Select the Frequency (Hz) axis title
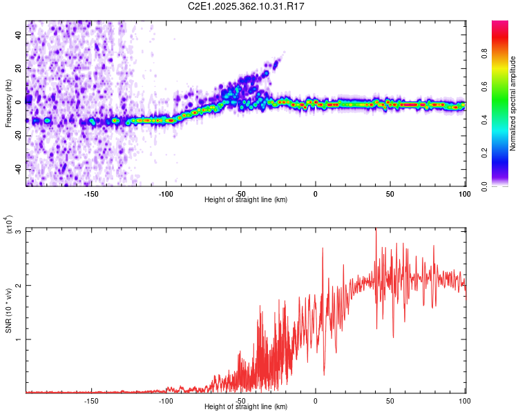[8, 104]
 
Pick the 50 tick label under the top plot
[390, 193]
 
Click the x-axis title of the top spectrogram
[246, 200]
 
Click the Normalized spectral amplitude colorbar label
[513, 103]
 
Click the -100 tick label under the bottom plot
[165, 400]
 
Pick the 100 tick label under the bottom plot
[464, 400]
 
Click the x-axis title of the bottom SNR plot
[246, 407]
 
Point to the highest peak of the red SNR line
[376, 230]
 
